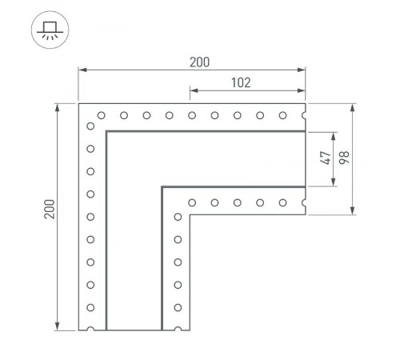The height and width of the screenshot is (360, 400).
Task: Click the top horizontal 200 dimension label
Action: coord(192,61)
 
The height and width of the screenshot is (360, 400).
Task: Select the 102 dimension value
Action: coord(240,81)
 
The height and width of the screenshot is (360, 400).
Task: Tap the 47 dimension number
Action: coord(326,158)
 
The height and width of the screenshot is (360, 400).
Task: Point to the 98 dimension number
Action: coord(344,158)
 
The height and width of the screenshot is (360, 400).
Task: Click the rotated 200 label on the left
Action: coord(49,210)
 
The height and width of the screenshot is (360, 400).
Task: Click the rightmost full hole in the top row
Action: coord(282,116)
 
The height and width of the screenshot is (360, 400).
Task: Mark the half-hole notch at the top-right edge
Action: coord(306,116)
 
